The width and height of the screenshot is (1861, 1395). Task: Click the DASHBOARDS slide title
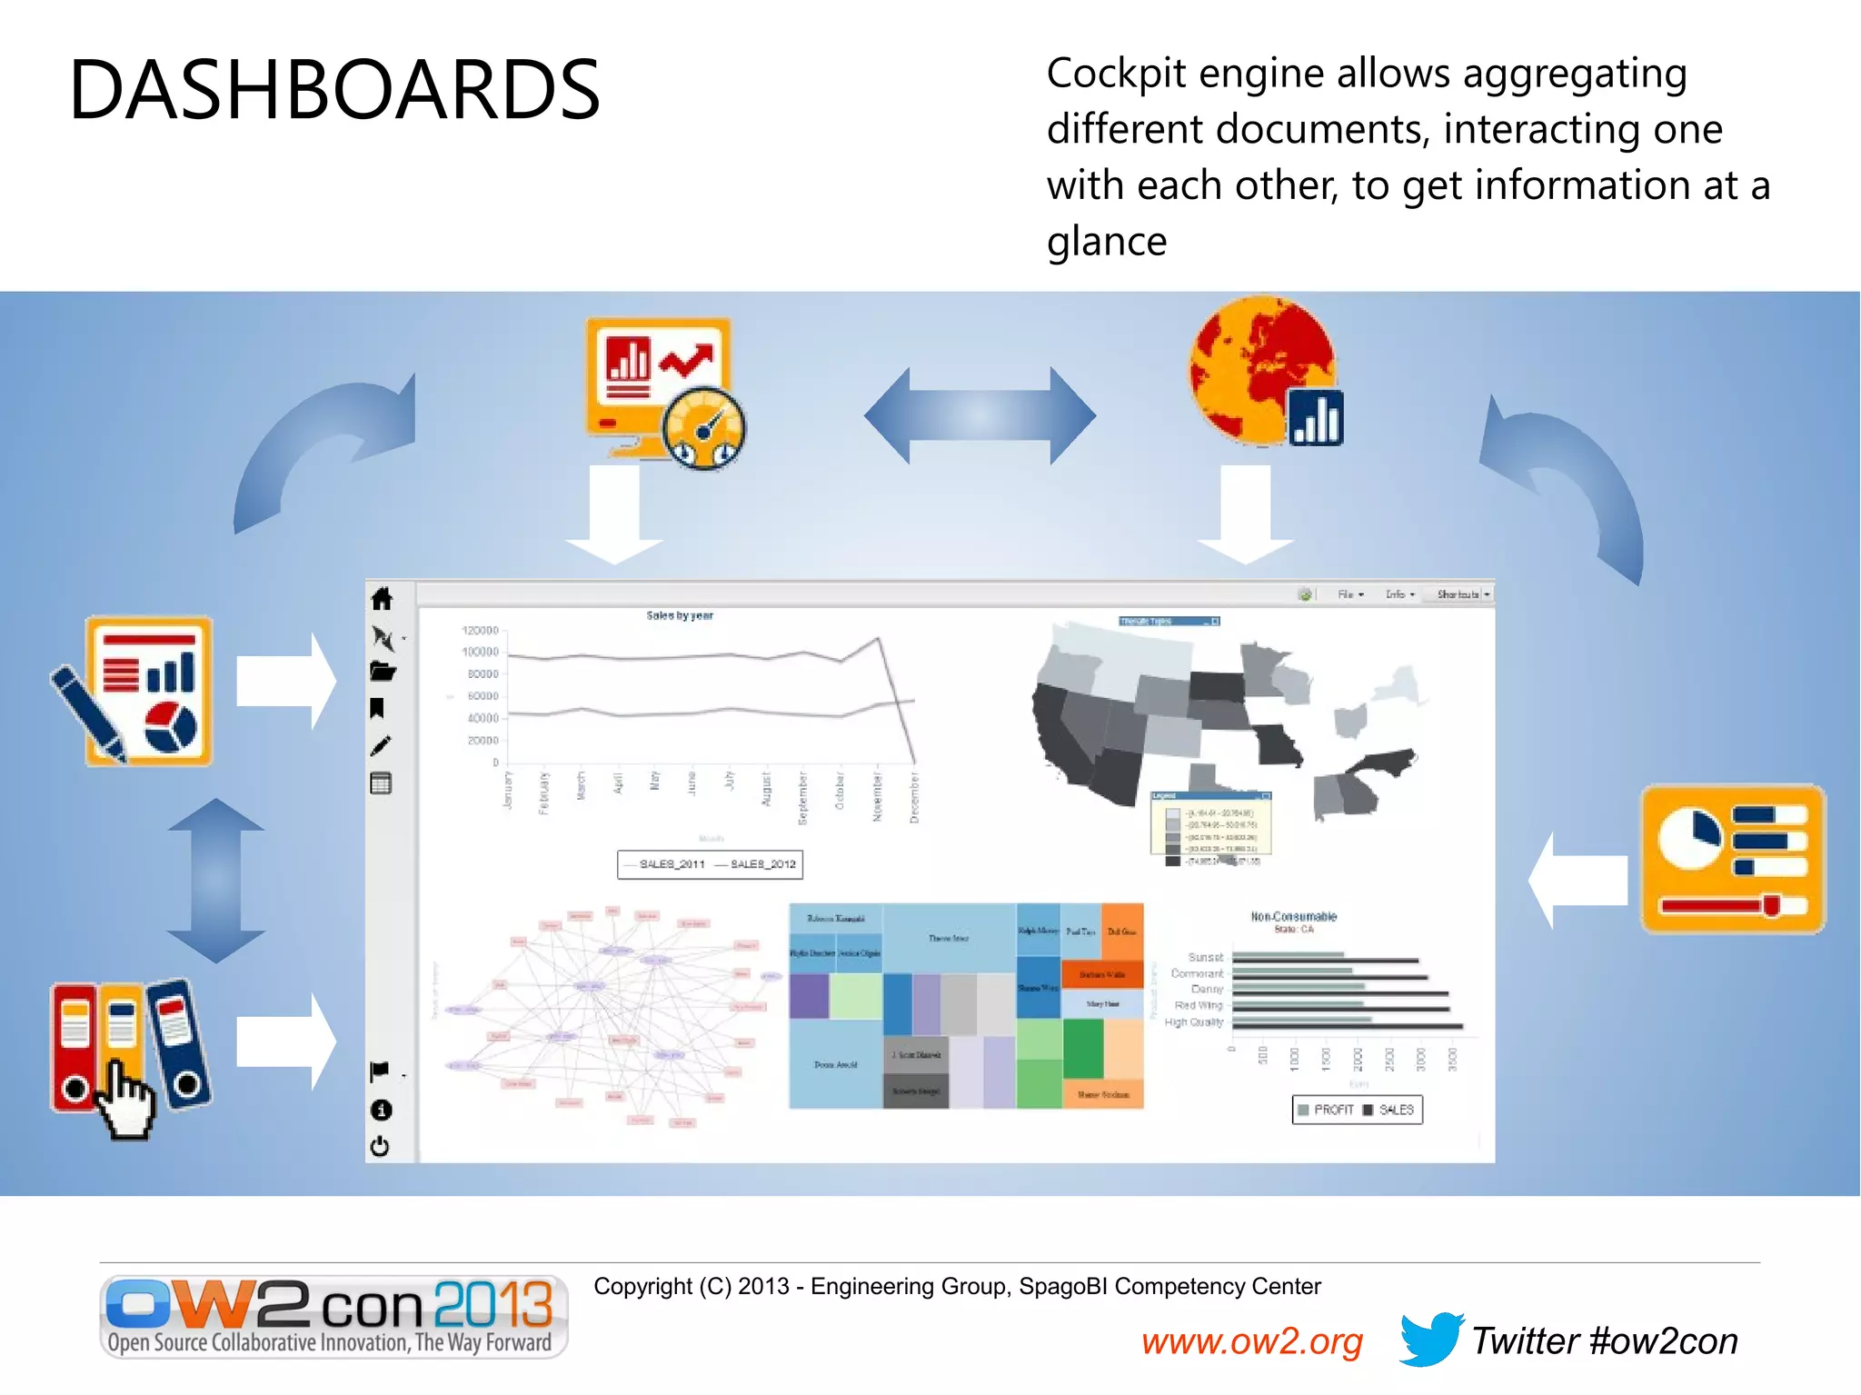334,89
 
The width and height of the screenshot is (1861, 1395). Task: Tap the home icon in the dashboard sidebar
382,598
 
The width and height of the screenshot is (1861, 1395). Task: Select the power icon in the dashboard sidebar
381,1147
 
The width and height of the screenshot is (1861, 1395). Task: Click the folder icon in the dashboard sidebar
383,672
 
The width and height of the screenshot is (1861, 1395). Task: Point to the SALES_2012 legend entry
761,864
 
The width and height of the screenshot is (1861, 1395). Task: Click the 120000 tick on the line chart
480,630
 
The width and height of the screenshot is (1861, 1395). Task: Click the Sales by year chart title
680,616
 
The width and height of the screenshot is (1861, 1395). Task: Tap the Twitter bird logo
1430,1338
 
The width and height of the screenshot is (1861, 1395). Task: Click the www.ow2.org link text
1251,1341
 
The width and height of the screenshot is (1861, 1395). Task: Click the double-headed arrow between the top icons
980,415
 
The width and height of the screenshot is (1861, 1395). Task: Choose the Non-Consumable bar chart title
1293,916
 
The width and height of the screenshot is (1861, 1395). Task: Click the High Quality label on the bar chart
1193,1022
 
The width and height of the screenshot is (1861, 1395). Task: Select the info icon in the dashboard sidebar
382,1110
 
